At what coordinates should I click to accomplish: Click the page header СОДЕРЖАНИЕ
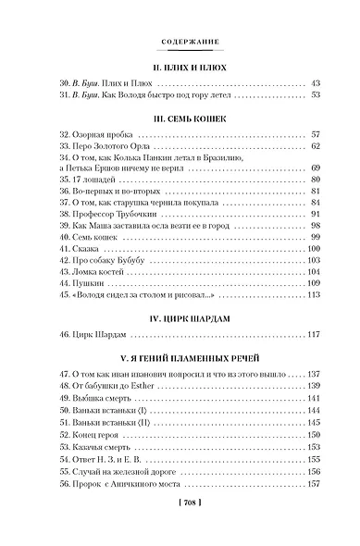pos(180,42)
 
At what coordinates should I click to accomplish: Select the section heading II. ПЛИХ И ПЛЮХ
pos(180,68)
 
